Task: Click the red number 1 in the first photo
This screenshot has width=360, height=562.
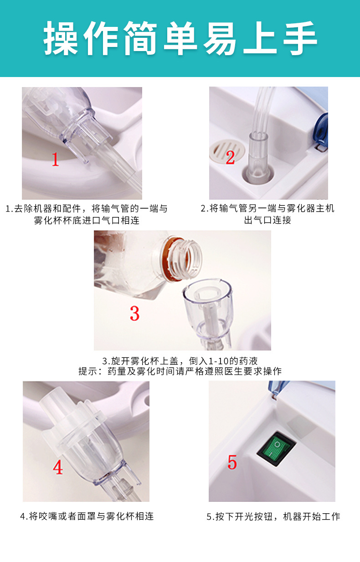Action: [x=55, y=159]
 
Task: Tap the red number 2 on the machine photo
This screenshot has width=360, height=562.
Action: [x=230, y=157]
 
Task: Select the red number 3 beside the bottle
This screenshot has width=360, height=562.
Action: [x=134, y=313]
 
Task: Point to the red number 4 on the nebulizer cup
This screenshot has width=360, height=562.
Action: [x=58, y=467]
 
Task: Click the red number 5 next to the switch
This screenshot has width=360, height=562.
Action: [x=232, y=462]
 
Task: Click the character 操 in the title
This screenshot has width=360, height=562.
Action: [x=60, y=38]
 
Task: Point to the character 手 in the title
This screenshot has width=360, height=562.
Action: [x=299, y=38]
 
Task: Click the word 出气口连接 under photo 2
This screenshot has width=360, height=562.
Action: [x=267, y=220]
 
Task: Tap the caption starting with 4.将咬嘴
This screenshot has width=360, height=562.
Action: [x=87, y=516]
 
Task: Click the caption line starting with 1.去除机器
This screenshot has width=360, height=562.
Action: [x=87, y=209]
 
